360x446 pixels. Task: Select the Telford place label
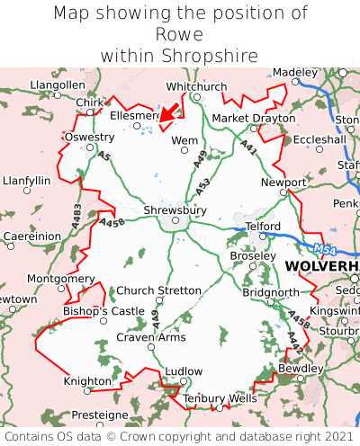[x=263, y=226]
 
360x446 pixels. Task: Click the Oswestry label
[x=89, y=137]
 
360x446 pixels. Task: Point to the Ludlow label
[x=185, y=370]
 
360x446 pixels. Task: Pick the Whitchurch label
[x=197, y=86]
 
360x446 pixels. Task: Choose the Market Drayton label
[x=253, y=118]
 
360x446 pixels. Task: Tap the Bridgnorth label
[x=270, y=292]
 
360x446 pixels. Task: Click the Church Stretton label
[x=159, y=290]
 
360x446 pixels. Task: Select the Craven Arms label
[x=151, y=337]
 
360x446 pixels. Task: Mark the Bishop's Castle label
[x=103, y=311]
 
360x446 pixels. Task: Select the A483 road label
[x=76, y=213]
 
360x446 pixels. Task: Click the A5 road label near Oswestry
[x=103, y=156]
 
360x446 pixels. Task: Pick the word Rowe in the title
[x=180, y=34]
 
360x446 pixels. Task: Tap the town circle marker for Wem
[x=185, y=150]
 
